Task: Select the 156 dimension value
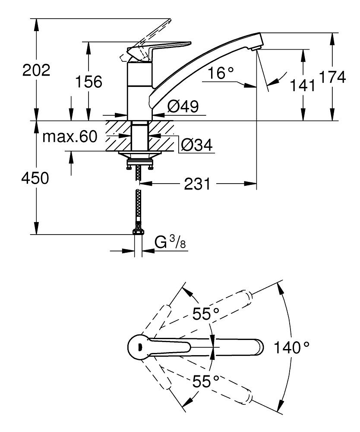click(x=89, y=81)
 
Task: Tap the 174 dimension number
click(x=332, y=78)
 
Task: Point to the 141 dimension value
click(x=303, y=86)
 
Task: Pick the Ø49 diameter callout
click(x=183, y=107)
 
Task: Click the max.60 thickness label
click(x=70, y=137)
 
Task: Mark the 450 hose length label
click(x=36, y=178)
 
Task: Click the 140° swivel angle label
click(x=292, y=346)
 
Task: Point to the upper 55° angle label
click(x=206, y=314)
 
